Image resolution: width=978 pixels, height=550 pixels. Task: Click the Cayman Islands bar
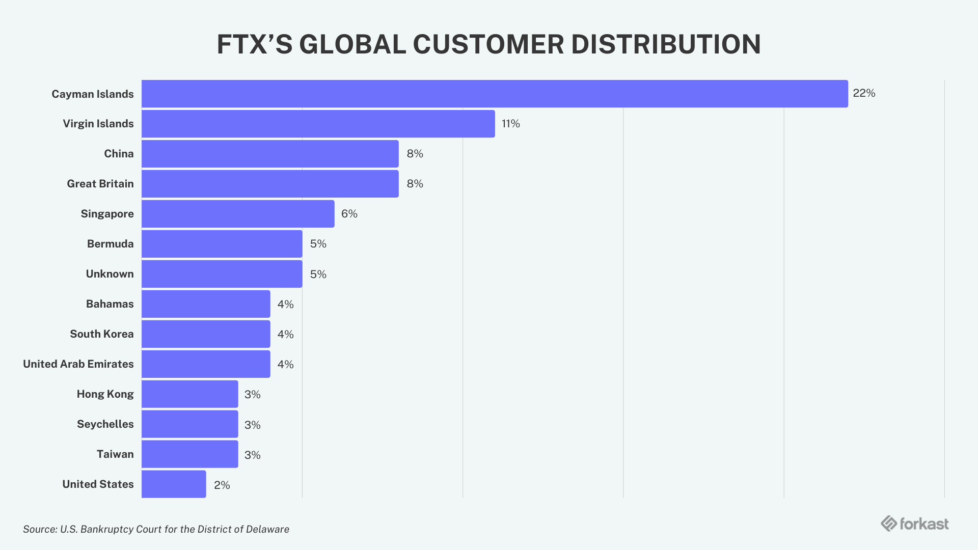pyautogui.click(x=494, y=94)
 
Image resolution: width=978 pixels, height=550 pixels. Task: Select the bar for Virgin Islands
pyautogui.click(x=318, y=124)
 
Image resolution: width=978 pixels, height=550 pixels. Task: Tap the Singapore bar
pyautogui.click(x=238, y=214)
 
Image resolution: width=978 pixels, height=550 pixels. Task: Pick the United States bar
pyautogui.click(x=174, y=484)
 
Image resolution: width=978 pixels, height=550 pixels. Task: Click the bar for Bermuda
pyautogui.click(x=222, y=244)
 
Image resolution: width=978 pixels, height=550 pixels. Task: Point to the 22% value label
pyautogui.click(x=864, y=93)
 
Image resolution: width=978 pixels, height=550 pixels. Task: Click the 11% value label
pyautogui.click(x=510, y=124)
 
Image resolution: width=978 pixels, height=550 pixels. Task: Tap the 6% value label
pyautogui.click(x=349, y=214)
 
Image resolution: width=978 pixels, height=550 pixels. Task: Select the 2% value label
pyautogui.click(x=222, y=485)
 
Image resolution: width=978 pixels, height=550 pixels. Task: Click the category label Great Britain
pyautogui.click(x=100, y=184)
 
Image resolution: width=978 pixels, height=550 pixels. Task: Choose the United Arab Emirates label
pyautogui.click(x=78, y=364)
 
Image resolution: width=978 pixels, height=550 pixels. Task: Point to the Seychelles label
pyautogui.click(x=105, y=424)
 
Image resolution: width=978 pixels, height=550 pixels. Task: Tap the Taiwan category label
pyautogui.click(x=115, y=454)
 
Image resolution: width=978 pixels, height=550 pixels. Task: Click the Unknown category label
pyautogui.click(x=110, y=274)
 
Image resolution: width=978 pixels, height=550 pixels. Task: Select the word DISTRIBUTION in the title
pyautogui.click(x=666, y=44)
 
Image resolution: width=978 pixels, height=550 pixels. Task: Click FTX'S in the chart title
pyautogui.click(x=254, y=44)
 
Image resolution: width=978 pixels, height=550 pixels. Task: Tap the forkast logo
pyautogui.click(x=914, y=524)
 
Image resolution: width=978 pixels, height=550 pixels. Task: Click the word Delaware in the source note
pyautogui.click(x=267, y=529)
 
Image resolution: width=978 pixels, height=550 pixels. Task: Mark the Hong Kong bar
pyautogui.click(x=189, y=394)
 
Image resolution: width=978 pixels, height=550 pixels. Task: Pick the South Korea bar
pyautogui.click(x=206, y=334)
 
